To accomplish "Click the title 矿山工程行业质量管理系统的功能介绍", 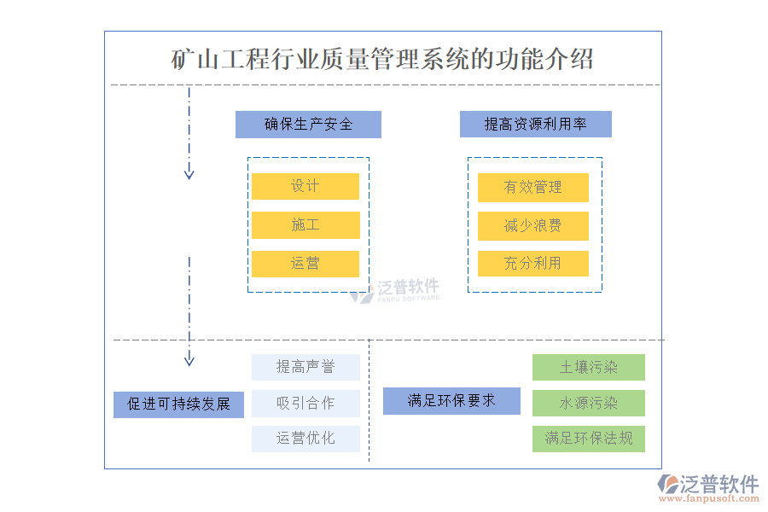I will click(x=382, y=61).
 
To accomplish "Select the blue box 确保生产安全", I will click(x=308, y=125).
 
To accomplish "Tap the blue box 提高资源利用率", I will click(x=535, y=125).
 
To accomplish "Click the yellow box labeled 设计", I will click(x=305, y=186).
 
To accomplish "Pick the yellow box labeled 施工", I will click(x=305, y=225).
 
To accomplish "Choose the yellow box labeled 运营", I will click(x=305, y=264).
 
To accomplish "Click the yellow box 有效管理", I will click(x=532, y=188).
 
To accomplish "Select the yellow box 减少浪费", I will click(x=532, y=226).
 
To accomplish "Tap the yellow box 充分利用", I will click(x=532, y=264).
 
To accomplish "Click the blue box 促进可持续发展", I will click(x=178, y=404).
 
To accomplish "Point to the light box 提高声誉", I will click(x=305, y=368).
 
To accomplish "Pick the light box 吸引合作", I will click(x=305, y=404).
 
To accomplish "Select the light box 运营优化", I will click(x=305, y=439).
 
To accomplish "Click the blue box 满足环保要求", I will click(x=451, y=401).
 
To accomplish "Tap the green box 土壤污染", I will click(x=588, y=368).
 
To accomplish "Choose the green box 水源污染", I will click(x=588, y=404).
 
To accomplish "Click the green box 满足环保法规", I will click(x=588, y=439).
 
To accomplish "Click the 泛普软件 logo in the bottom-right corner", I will click(x=707, y=486).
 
